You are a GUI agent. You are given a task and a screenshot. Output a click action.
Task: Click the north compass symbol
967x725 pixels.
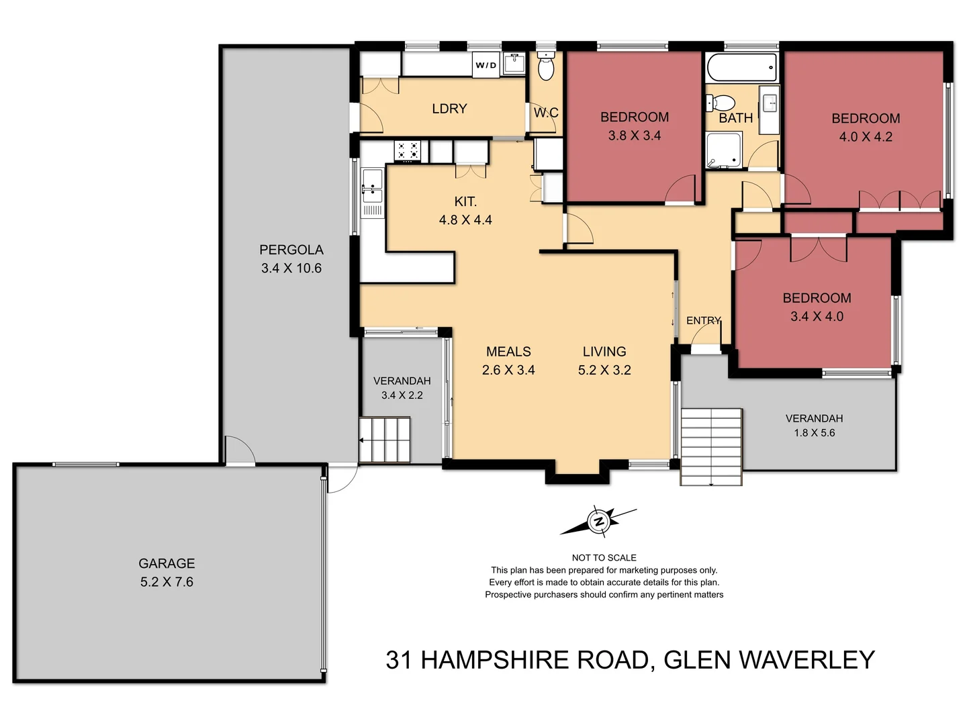point(598,521)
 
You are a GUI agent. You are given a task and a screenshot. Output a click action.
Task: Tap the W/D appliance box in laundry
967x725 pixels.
point(486,65)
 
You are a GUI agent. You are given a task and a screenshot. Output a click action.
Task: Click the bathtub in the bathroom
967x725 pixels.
point(741,68)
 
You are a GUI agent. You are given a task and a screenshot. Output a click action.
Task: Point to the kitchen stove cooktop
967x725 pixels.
point(408,151)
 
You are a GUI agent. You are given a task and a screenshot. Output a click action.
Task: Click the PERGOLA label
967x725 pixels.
point(291,250)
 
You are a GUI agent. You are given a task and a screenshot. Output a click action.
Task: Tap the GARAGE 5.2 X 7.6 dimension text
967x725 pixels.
point(167,582)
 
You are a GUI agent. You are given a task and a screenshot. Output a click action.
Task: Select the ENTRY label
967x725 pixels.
point(703,321)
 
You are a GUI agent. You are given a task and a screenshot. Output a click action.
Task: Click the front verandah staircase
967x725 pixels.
point(711,446)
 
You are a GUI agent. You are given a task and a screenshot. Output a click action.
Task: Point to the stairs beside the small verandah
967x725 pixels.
point(385,440)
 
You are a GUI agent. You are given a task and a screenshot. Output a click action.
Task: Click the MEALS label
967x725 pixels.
point(508,352)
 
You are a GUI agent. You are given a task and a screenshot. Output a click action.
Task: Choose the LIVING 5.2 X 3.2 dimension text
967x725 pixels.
point(604,370)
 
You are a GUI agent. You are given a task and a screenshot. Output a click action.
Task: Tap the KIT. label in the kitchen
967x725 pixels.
point(465,201)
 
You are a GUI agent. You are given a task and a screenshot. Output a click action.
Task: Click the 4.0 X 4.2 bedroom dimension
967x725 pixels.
point(866,137)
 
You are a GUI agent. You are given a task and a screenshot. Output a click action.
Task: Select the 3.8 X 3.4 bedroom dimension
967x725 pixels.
point(635,136)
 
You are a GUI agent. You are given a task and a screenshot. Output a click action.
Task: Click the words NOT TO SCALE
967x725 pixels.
point(604,558)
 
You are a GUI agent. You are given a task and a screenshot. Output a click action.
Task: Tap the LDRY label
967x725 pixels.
point(449,109)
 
